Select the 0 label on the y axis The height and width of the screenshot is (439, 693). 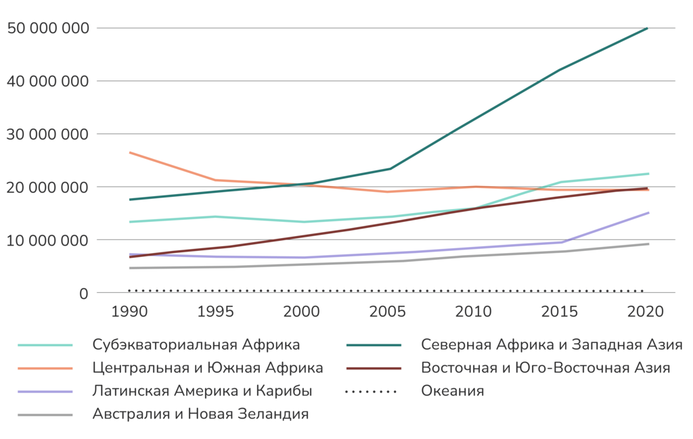tap(83, 293)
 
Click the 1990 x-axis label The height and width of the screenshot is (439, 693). tap(129, 312)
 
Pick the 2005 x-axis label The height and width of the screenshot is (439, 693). tap(388, 312)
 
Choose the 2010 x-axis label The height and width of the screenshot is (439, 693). tap(474, 312)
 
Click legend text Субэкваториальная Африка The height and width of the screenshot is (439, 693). tap(196, 344)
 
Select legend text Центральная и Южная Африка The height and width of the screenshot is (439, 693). tap(208, 369)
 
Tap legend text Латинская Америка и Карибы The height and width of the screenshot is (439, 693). tap(202, 392)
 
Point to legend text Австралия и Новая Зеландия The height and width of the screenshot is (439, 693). tap(201, 415)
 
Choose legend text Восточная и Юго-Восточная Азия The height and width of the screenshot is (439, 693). tap(545, 369)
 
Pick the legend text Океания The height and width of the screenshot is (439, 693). tap(452, 392)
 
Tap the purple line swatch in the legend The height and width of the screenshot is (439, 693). tap(45, 392)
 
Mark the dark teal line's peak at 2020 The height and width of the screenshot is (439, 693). tap(648, 28)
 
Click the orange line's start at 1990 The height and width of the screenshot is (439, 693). tap(129, 152)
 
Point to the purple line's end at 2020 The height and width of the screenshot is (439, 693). tap(648, 212)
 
